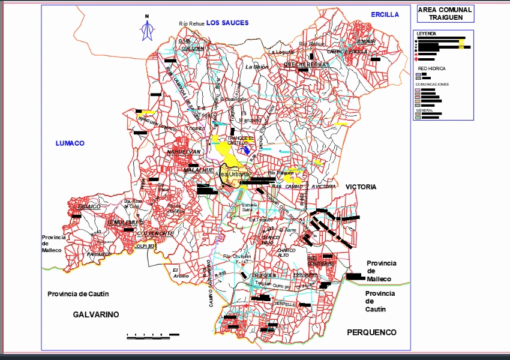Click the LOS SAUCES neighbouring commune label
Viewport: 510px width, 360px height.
tap(227, 23)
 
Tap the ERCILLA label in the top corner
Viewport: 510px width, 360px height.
tap(385, 14)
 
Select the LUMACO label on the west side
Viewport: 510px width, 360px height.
tap(70, 143)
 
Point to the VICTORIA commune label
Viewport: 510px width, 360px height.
tap(361, 187)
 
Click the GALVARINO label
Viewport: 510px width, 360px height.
tap(96, 314)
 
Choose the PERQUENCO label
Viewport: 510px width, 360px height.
tap(372, 332)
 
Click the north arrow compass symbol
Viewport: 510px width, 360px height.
tap(146, 29)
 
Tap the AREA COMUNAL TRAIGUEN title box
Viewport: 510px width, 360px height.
tap(444, 14)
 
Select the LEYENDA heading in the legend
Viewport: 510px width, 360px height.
tap(427, 34)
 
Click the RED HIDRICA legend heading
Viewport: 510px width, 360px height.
tap(432, 69)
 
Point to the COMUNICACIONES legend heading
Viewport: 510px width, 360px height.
tap(432, 85)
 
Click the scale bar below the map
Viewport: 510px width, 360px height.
tap(153, 335)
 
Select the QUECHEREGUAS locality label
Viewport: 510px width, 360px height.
tap(307, 64)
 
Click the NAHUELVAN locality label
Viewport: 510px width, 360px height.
tap(183, 152)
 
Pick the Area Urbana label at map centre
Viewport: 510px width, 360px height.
tap(231, 175)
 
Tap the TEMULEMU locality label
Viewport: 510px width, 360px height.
tap(122, 223)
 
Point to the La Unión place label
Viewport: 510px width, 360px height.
tap(257, 67)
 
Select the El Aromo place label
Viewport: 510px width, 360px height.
tap(181, 272)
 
